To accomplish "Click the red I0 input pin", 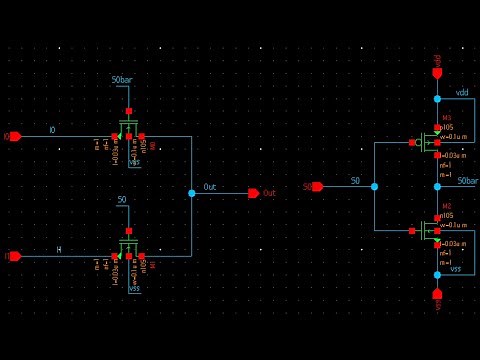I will [14, 136].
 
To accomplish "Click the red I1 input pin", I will [14, 256].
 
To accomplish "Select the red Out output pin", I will [254, 193].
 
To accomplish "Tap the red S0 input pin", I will [317, 186].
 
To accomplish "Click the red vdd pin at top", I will [437, 72].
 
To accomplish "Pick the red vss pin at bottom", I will [437, 294].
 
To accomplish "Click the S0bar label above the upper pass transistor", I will [122, 80].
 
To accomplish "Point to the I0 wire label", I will [52, 131].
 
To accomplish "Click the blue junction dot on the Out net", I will [191, 193].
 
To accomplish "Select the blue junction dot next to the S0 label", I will [374, 186].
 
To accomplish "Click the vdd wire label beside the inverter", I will [462, 93].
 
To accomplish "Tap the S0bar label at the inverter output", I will [467, 181].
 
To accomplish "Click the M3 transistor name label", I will [446, 117].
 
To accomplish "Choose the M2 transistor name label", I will [446, 206].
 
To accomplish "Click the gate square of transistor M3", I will [412, 142].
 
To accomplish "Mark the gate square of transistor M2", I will [412, 231].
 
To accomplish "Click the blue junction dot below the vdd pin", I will [437, 98].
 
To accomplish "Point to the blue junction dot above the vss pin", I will [437, 274].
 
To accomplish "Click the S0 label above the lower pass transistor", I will [122, 200].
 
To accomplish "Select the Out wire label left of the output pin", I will [209, 187].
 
